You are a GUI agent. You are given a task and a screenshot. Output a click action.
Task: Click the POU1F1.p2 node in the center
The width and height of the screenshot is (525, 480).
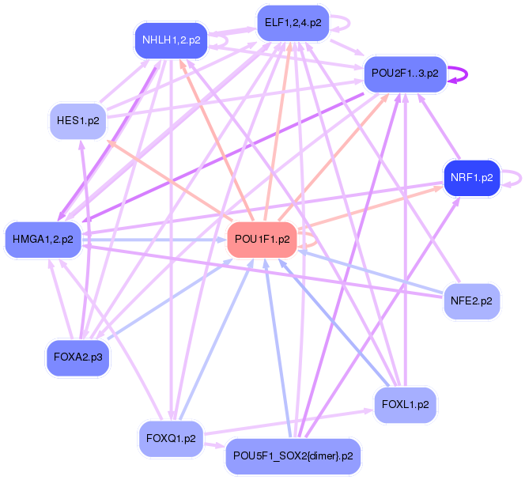click(262, 239)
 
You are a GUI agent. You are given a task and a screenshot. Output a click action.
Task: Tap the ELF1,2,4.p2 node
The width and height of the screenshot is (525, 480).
click(293, 23)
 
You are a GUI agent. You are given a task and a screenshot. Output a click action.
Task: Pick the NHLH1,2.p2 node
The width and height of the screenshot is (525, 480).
click(171, 40)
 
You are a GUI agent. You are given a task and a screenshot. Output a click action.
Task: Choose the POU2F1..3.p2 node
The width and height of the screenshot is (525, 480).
click(405, 73)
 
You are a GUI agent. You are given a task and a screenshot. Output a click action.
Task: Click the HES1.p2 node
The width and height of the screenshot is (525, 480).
click(78, 121)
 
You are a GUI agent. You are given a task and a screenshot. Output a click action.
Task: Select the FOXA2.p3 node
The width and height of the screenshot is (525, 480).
click(78, 358)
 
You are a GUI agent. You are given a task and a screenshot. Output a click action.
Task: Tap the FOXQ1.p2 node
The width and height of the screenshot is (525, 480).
click(171, 438)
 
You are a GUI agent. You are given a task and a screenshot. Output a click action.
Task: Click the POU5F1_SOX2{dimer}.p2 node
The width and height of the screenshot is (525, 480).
click(293, 456)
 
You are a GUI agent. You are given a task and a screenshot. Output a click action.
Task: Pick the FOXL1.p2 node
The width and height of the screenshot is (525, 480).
click(405, 405)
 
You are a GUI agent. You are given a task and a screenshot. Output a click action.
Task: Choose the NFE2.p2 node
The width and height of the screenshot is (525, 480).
click(471, 301)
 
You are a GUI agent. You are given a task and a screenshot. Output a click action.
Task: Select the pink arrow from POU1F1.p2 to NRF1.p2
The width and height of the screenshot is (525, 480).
click(372, 207)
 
